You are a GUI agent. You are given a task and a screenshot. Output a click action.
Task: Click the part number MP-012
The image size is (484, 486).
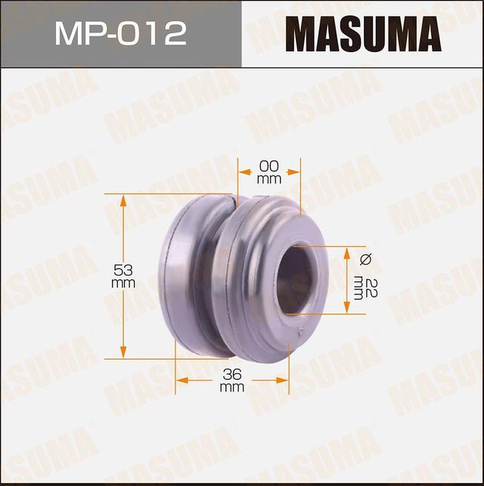(x=120, y=34)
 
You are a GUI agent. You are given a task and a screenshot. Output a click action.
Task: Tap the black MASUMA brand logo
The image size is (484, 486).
(x=363, y=34)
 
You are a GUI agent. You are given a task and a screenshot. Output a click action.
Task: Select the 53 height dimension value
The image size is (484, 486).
(x=123, y=270)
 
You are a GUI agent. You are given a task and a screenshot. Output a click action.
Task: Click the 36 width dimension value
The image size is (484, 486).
(x=231, y=373)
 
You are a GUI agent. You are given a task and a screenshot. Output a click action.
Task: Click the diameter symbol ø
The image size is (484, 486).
(x=365, y=260)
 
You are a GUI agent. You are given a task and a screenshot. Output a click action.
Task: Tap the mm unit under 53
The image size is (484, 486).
(x=123, y=283)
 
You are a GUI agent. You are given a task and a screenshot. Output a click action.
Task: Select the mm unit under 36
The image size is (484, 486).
(x=231, y=387)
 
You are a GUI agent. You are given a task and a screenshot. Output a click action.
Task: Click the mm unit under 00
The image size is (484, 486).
(x=269, y=179)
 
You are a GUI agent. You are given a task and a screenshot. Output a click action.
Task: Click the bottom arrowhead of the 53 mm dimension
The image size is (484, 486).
(x=123, y=354)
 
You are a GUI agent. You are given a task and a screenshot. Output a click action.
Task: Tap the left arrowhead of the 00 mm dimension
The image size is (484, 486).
(x=242, y=173)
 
